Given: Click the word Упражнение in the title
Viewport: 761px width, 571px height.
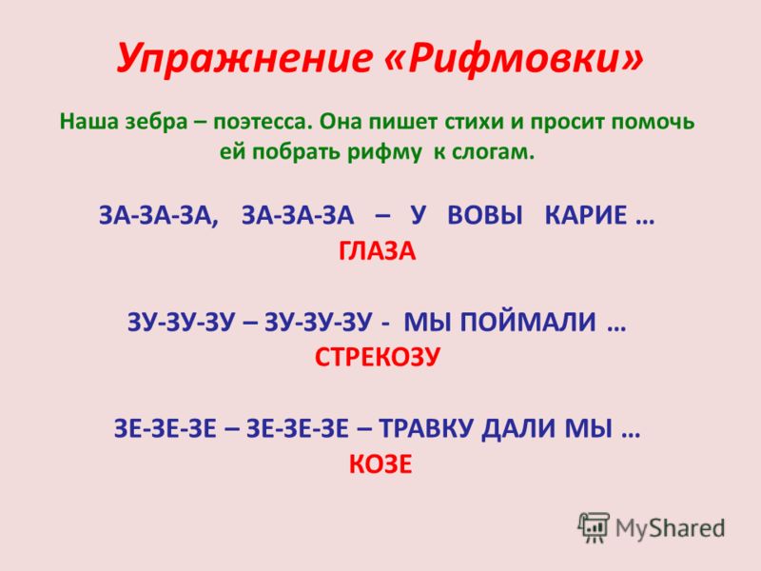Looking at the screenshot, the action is point(244,59).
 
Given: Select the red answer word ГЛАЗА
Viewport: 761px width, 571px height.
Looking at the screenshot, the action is point(377,251).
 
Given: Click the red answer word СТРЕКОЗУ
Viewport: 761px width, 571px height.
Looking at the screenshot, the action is point(377,358).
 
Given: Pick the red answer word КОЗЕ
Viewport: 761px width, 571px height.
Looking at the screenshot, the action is point(380,463).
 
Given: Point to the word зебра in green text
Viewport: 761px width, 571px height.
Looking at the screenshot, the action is point(157,122).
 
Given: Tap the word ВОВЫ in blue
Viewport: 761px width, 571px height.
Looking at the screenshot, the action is point(485,215).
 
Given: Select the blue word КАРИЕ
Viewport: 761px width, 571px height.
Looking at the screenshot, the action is point(586,215).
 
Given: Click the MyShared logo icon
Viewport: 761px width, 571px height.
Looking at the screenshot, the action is point(593,527).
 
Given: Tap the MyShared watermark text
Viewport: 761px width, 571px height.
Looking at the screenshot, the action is point(670,528).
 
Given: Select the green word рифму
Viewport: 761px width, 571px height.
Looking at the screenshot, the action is point(384,153).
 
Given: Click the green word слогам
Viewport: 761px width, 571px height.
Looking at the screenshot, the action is point(493,153).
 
